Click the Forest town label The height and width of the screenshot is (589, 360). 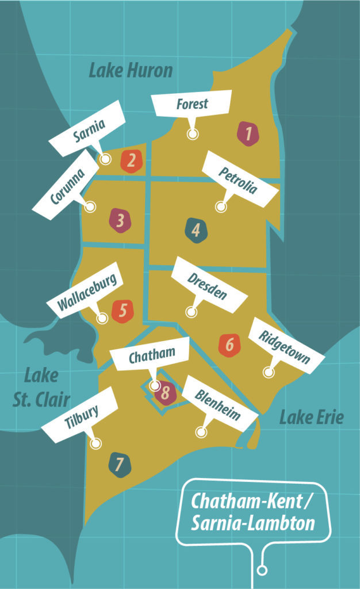[x=192, y=105]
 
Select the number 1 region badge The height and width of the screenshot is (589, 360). [x=248, y=134]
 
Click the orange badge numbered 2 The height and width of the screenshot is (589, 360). [x=131, y=160]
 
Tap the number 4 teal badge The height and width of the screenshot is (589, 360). [x=196, y=230]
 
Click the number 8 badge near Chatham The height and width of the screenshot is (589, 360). [x=165, y=393]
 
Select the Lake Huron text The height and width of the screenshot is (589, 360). [x=131, y=71]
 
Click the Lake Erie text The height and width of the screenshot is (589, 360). [x=311, y=417]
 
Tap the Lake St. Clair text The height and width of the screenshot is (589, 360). [x=41, y=388]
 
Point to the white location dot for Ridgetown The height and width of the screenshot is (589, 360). [x=269, y=372]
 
